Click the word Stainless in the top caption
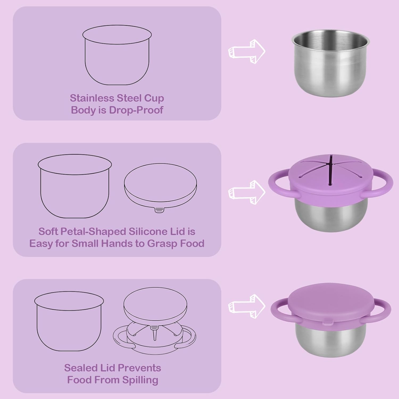pyautogui.click(x=92, y=98)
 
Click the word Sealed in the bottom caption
pyautogui.click(x=81, y=368)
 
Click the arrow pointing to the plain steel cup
pyautogui.click(x=247, y=51)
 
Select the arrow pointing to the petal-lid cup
pyautogui.click(x=247, y=192)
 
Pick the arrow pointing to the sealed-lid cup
pyautogui.click(x=247, y=306)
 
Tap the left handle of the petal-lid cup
pyautogui.click(x=277, y=184)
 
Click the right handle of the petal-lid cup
pyautogui.click(x=384, y=184)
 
